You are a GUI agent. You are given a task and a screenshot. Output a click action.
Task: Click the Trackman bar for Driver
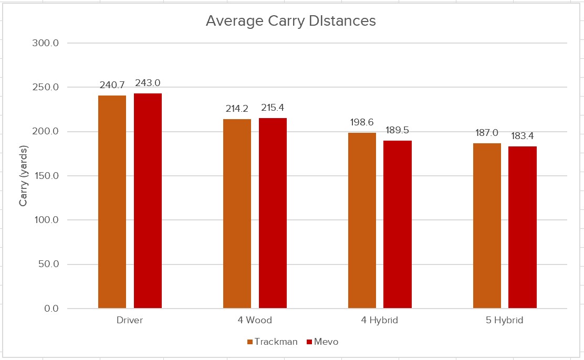[112, 202]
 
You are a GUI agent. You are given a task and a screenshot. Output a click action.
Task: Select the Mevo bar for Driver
[148, 201]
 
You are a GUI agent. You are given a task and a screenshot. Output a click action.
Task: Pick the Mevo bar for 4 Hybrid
[398, 225]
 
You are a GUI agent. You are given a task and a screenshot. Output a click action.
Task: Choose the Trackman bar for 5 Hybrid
[487, 226]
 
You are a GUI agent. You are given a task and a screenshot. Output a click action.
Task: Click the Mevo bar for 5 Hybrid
[523, 227]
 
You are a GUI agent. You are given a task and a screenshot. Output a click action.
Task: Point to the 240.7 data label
[112, 84]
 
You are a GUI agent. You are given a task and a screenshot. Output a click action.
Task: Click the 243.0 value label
[148, 83]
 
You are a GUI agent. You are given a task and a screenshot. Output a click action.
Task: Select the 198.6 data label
[362, 122]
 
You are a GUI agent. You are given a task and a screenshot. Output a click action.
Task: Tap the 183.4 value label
[523, 135]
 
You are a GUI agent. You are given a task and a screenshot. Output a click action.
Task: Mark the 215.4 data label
[273, 107]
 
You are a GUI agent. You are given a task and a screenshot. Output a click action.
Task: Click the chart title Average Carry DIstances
[291, 21]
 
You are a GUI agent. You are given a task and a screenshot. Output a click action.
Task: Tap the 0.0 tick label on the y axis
[50, 309]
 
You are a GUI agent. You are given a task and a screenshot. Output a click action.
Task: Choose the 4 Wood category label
[255, 320]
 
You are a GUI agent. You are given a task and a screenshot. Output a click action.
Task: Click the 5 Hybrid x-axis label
[505, 320]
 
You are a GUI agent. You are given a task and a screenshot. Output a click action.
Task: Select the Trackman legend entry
[272, 342]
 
